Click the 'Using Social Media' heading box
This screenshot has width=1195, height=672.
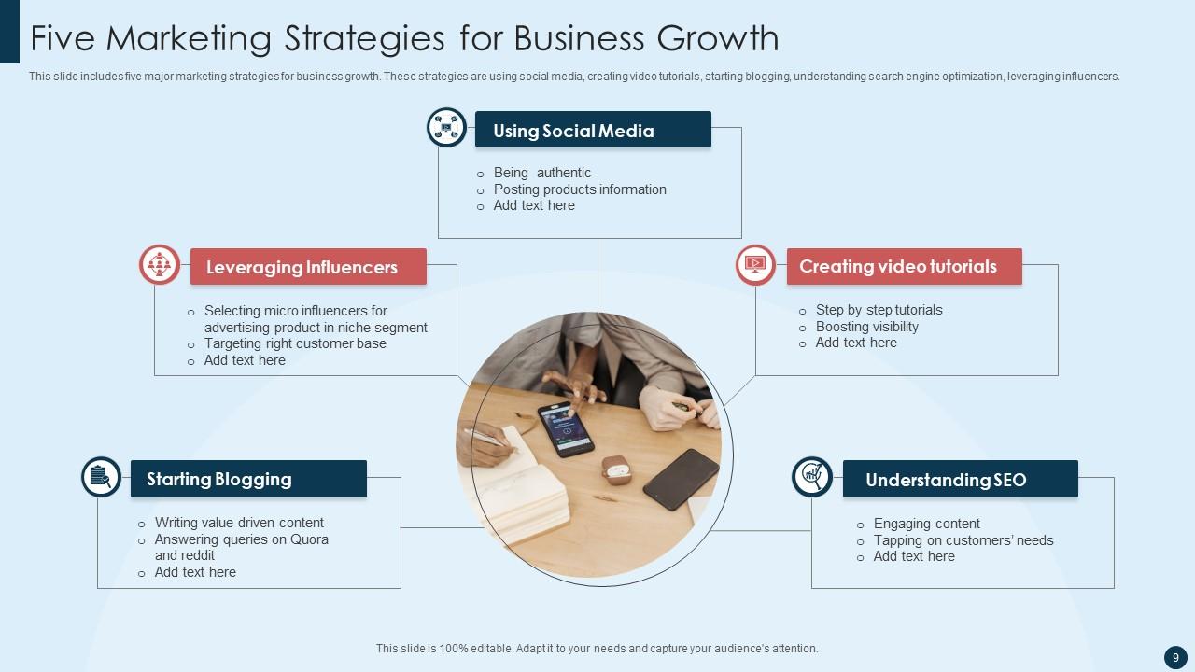coord(593,130)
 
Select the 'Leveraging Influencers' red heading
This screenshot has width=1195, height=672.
coord(308,267)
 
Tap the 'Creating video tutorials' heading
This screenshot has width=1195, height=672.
coord(904,266)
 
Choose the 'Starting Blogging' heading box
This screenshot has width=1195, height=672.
coord(248,479)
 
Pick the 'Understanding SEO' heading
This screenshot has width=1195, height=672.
coord(960,480)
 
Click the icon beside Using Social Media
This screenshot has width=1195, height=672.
coord(446,128)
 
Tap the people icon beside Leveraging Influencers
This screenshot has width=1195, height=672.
coord(160,265)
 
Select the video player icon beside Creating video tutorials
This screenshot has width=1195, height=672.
coord(755,265)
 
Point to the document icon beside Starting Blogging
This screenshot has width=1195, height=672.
coord(101,477)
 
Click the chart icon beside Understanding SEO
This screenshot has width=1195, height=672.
coord(812,477)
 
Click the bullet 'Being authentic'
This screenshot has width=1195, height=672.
coord(541,173)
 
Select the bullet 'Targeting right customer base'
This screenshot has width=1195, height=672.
coord(295,343)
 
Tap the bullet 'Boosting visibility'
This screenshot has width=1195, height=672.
coord(866,327)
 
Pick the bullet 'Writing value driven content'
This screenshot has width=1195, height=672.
coord(239,523)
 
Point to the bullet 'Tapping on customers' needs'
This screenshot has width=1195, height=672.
coord(963,540)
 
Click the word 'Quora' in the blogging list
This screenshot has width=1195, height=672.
coord(309,539)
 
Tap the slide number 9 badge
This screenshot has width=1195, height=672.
coord(1175,657)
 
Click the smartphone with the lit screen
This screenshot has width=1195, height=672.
coord(566,429)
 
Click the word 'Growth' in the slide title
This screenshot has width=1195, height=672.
coord(718,38)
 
